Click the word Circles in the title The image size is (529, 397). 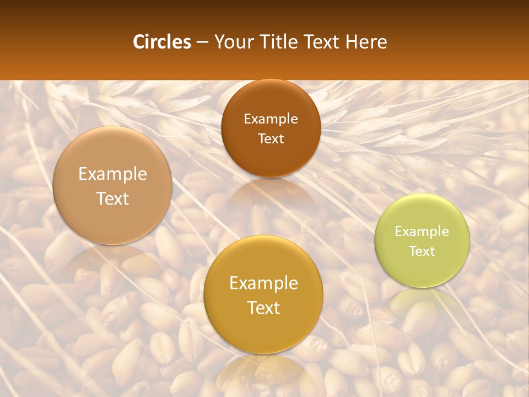[161, 42]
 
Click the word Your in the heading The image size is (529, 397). [231, 42]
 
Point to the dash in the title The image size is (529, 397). [202, 42]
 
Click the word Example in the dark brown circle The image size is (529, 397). [271, 119]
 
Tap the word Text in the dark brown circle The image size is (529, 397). [271, 138]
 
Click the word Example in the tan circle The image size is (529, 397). [112, 174]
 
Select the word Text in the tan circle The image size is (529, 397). [112, 198]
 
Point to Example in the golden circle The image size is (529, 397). [263, 283]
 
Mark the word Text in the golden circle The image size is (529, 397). [263, 308]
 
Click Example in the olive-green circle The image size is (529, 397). [422, 231]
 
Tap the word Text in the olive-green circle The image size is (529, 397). [422, 251]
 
